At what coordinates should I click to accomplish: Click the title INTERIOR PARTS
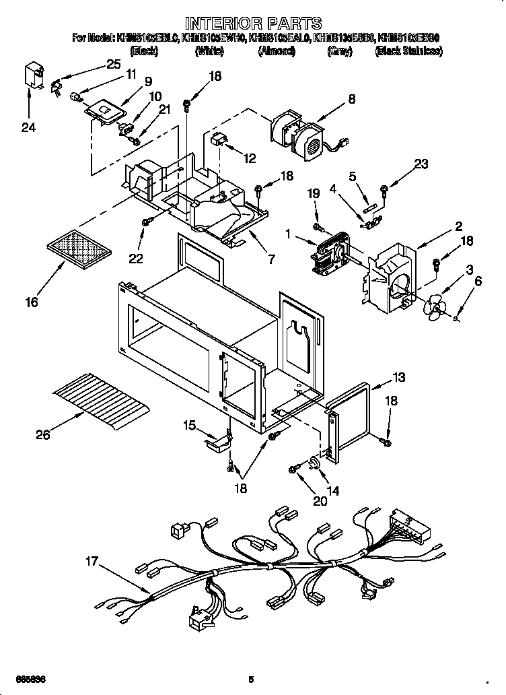coord(253,24)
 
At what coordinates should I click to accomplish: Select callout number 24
coord(28,127)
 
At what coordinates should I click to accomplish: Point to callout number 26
coord(43,435)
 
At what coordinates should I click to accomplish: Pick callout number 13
coord(400,376)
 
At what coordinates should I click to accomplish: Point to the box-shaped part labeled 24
coord(31,76)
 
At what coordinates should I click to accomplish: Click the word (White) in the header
coord(209,51)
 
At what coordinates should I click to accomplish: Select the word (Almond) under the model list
coord(276,51)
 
